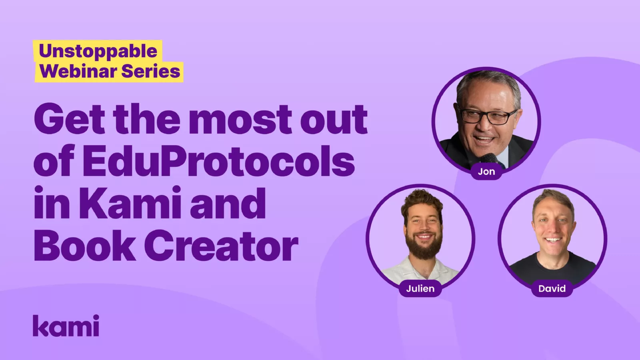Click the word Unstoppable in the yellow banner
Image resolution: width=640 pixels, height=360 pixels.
coord(98,51)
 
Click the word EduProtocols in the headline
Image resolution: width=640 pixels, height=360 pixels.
coord(218,161)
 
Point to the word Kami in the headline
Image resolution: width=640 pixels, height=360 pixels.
coord(130,204)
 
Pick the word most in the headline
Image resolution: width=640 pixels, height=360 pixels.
coord(240,119)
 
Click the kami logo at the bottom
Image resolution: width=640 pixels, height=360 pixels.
coord(66,326)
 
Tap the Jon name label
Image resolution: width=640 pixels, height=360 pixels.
coord(486,172)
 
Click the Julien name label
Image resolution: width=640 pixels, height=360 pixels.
coord(420,288)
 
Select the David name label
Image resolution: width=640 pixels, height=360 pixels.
coord(552,288)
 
